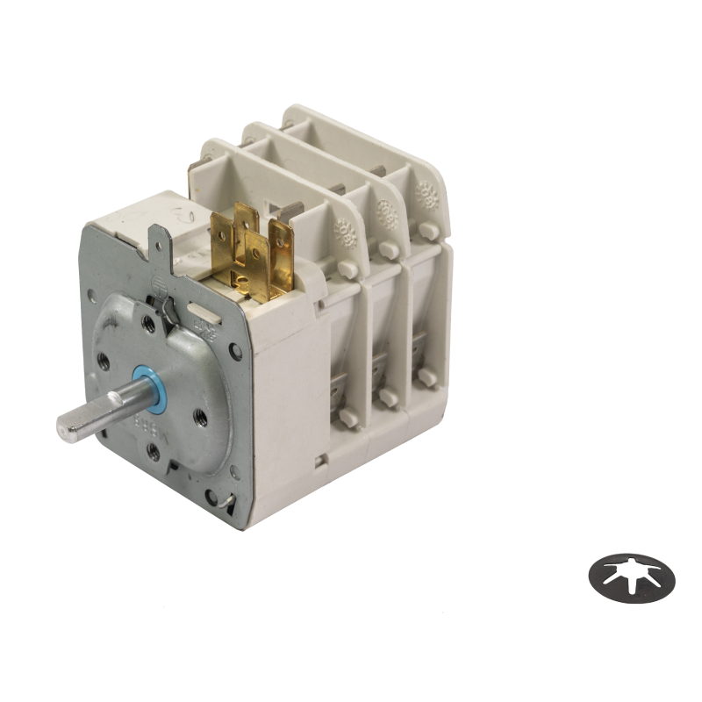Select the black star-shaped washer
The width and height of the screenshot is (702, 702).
632,578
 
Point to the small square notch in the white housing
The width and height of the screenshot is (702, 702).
322,458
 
